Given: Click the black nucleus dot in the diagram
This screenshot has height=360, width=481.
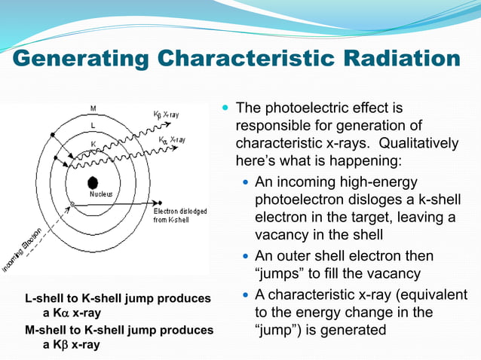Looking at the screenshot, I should click(x=93, y=182).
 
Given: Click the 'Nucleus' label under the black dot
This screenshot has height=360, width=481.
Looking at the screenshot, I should click(x=101, y=194).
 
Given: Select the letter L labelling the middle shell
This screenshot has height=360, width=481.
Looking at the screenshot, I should click(x=93, y=125).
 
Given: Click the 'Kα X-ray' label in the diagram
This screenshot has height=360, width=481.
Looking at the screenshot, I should click(x=172, y=140).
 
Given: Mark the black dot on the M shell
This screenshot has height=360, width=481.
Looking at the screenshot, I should click(x=52, y=135).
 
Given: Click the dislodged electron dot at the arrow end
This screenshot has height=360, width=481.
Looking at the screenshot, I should click(x=159, y=202).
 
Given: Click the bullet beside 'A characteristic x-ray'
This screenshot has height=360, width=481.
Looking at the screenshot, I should click(x=244, y=294).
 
